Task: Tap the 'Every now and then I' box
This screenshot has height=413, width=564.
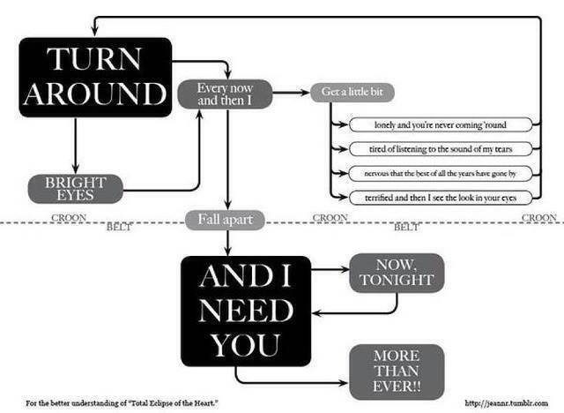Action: coord(225,94)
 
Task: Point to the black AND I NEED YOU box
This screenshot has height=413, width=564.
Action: coord(245,311)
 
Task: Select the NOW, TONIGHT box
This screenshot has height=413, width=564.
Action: coord(396,273)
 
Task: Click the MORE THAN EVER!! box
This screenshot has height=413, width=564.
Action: coord(396,370)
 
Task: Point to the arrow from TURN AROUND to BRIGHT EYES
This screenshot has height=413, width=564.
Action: coord(77,145)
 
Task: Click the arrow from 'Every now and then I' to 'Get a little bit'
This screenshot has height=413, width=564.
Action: coord(291,92)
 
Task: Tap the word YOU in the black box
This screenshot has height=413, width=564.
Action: coord(245,345)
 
